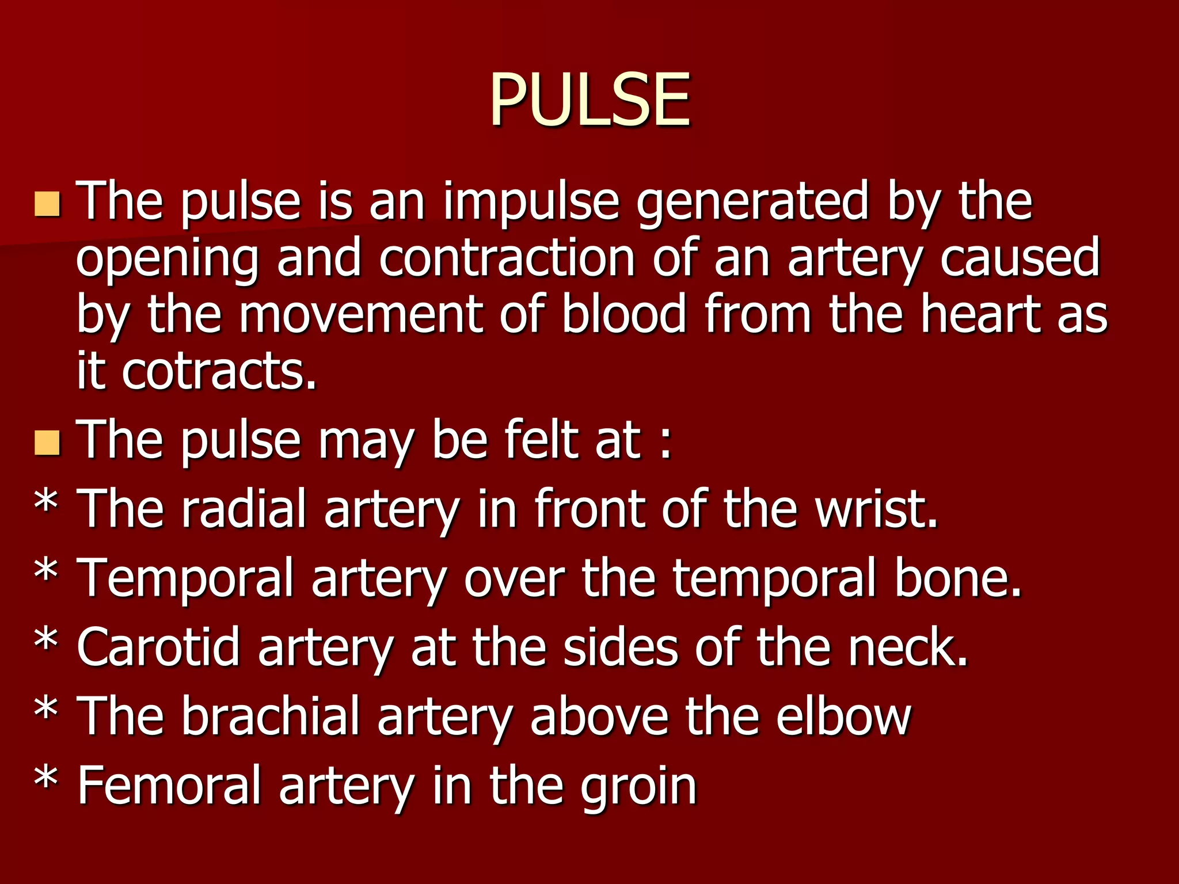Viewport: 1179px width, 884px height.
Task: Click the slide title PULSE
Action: point(589,99)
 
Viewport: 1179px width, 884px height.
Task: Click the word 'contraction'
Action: point(507,258)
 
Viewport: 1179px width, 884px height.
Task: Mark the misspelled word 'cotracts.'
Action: point(219,371)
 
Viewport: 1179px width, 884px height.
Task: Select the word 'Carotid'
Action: point(158,647)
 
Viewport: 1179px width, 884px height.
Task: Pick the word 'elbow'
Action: point(843,716)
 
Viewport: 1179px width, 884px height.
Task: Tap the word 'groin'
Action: point(638,786)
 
